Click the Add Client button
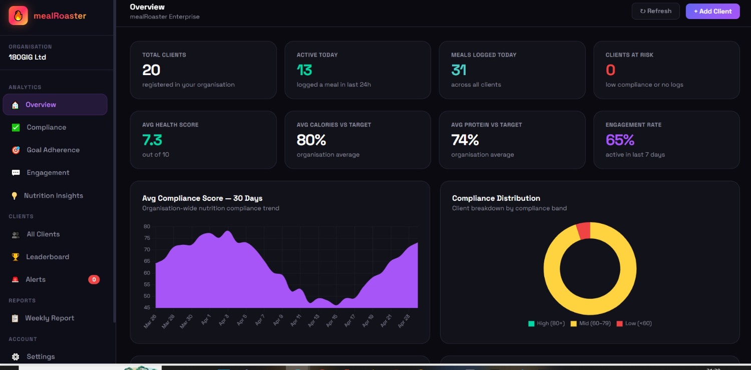[712, 12]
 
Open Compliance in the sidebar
[46, 127]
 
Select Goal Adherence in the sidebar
[53, 150]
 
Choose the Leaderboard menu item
[48, 257]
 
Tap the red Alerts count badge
[94, 279]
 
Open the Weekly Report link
[50, 318]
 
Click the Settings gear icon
[16, 356]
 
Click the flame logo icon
[18, 16]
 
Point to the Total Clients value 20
[151, 70]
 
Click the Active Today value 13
[304, 70]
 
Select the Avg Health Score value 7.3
[152, 140]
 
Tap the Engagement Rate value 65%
[620, 140]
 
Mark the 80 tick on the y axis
[147, 227]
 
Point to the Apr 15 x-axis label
[331, 321]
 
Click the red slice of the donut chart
[584, 231]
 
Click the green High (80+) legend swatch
[531, 323]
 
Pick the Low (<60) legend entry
[634, 323]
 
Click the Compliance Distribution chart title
[496, 198]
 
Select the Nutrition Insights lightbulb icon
[15, 196]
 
